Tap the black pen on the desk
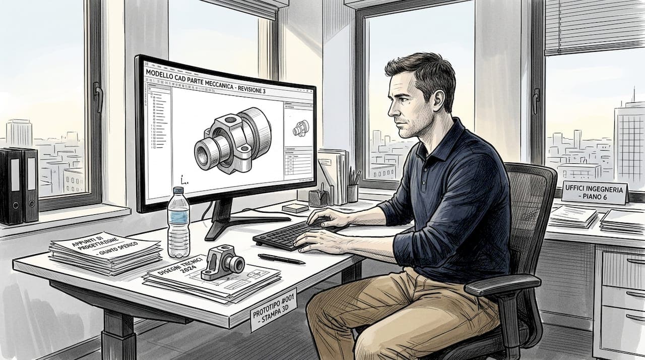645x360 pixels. pyautogui.click(x=281, y=259)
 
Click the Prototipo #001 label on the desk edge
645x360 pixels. pyautogui.click(x=273, y=308)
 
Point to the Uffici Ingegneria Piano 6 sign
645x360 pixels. pyautogui.click(x=595, y=192)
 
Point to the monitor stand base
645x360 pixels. pyautogui.click(x=242, y=222)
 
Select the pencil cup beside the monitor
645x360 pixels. pyautogui.click(x=352, y=192)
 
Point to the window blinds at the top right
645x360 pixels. pyautogui.click(x=595, y=25)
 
